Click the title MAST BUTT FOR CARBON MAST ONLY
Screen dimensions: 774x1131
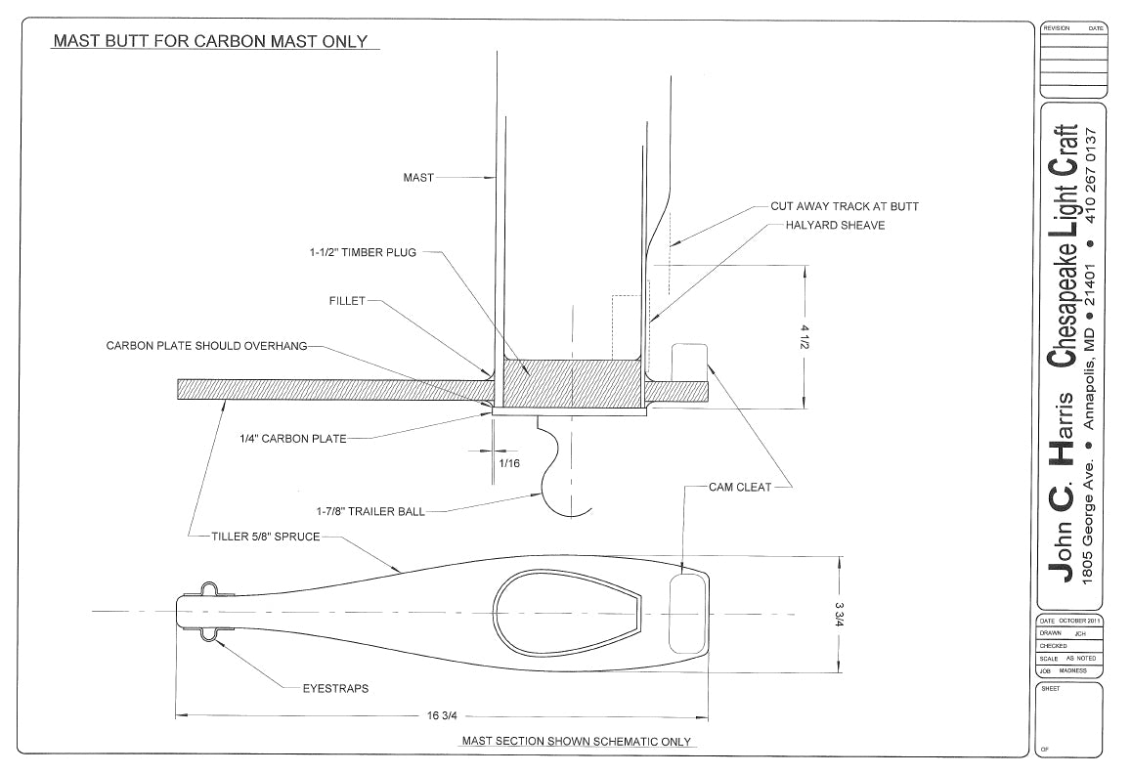point(210,41)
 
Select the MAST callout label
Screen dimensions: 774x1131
point(418,178)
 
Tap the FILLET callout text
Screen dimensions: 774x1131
point(346,301)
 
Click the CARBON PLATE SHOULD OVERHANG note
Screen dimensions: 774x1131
point(207,346)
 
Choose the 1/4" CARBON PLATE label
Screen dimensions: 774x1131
point(293,439)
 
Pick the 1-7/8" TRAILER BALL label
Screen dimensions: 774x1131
point(370,511)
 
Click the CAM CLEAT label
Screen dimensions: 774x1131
point(740,486)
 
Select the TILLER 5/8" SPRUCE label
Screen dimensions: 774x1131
point(266,537)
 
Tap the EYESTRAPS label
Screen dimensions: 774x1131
point(335,688)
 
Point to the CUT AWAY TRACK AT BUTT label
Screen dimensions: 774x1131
point(845,206)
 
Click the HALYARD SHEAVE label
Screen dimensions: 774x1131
point(835,226)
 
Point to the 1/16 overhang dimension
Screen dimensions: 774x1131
point(509,463)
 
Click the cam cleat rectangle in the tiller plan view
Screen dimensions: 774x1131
point(686,612)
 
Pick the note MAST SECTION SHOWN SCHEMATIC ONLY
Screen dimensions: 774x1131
point(576,742)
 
